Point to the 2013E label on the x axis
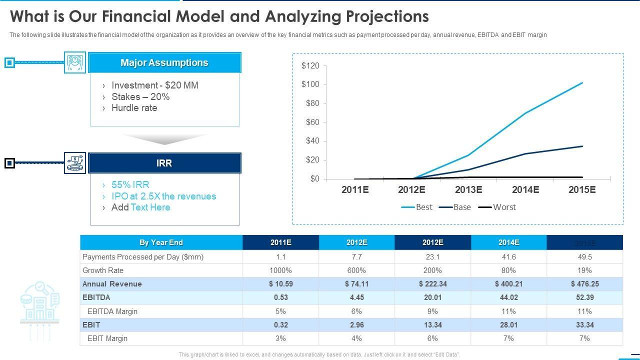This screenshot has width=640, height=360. pos(468,189)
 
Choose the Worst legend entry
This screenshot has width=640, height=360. pos(497,207)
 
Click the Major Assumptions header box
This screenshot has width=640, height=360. pos(164,63)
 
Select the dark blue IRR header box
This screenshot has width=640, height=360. pos(164,163)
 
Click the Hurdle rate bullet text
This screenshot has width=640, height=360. pos(134,108)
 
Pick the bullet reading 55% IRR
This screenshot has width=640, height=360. pos(130,184)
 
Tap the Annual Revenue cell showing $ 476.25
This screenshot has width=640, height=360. pos(584,284)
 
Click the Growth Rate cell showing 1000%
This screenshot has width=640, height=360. pos(280,270)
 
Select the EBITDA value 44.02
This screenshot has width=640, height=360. pos(508,297)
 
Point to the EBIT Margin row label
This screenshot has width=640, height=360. pos(107,338)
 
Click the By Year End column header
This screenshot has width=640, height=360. pos(161,242)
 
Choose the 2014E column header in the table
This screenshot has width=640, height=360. pos(508,242)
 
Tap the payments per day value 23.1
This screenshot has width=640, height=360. pos(432,257)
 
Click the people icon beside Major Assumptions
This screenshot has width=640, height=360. pos(75,62)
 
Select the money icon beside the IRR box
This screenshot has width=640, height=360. pos(75,163)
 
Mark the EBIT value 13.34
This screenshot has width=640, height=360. pos(432,325)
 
